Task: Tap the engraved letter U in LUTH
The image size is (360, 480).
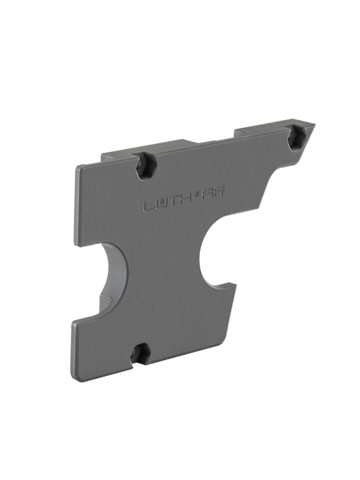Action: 159,204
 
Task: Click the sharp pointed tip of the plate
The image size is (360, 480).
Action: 314,123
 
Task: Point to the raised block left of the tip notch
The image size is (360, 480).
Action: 260,129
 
